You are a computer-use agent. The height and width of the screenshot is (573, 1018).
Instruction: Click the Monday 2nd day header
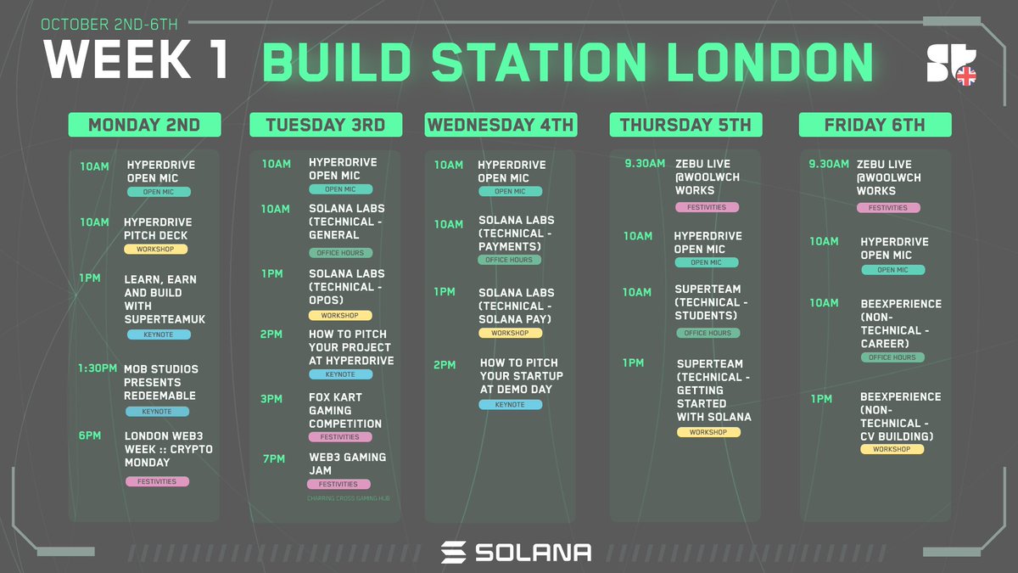[144, 125]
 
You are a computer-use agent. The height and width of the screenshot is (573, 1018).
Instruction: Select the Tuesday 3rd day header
[325, 125]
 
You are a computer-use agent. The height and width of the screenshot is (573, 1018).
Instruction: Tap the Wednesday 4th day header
[501, 125]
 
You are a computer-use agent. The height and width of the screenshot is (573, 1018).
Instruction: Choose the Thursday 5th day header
[685, 125]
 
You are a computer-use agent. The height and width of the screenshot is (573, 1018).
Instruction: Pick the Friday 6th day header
[875, 125]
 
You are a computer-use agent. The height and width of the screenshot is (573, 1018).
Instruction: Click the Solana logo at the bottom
[516, 552]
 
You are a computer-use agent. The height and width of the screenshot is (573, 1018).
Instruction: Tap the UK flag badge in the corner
[965, 76]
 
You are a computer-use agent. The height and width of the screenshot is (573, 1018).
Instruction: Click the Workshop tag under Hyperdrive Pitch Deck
[155, 250]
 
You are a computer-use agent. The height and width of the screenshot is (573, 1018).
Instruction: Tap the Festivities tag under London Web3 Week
[157, 481]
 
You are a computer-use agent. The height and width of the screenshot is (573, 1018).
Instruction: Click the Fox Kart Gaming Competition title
[345, 410]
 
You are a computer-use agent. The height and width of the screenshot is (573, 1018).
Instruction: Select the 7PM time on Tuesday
[274, 458]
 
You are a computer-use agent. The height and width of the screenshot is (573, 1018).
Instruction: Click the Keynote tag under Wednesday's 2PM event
[511, 405]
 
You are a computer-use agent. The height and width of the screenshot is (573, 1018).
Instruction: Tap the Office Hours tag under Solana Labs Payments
[509, 260]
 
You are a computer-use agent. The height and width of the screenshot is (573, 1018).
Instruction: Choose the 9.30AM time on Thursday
[645, 164]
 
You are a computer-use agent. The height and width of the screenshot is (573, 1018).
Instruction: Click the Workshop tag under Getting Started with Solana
[708, 432]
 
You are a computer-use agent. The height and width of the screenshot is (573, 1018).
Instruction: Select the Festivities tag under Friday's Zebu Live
[888, 208]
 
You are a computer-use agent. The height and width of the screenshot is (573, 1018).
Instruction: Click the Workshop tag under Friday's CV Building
[892, 449]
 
